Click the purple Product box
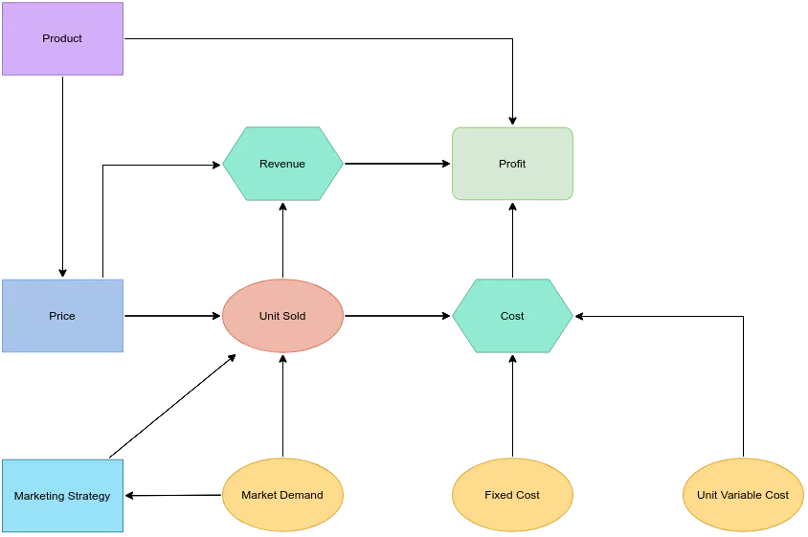[62, 38]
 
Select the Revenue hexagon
[282, 164]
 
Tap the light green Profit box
[512, 164]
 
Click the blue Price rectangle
[62, 316]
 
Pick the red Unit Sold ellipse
[282, 316]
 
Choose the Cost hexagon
[512, 316]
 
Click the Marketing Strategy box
[62, 496]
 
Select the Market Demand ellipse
[282, 495]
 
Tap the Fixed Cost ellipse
[512, 495]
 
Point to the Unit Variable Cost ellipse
[743, 495]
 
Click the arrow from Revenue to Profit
[397, 164]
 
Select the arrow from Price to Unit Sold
[172, 316]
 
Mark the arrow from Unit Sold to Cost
[397, 316]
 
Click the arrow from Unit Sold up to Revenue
[283, 240]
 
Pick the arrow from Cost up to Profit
[513, 240]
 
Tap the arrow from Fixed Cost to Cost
[513, 406]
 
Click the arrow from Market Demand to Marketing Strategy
[173, 495]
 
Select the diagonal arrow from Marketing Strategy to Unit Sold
[172, 406]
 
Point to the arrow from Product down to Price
[63, 177]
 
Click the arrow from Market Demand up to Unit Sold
[283, 406]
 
